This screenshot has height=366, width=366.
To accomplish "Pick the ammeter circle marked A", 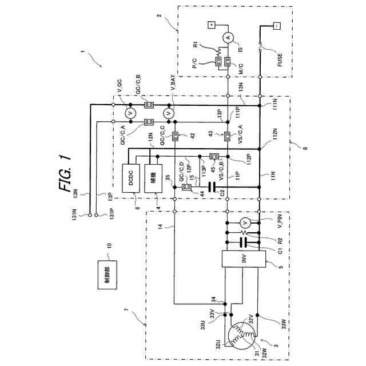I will coord(228,38).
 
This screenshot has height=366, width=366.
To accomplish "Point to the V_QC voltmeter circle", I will coord(129,113).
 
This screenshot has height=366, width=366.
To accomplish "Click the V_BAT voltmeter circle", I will coord(168,113).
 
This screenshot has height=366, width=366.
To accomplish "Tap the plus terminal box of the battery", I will coord(210,25).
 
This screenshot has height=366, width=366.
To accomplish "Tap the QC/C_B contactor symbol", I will coord(149,104).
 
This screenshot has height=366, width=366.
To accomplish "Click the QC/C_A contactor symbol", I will coord(149,122).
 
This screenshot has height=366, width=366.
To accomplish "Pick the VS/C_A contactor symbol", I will coord(228,136).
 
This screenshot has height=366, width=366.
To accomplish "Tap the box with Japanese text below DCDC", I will coord(153,172).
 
